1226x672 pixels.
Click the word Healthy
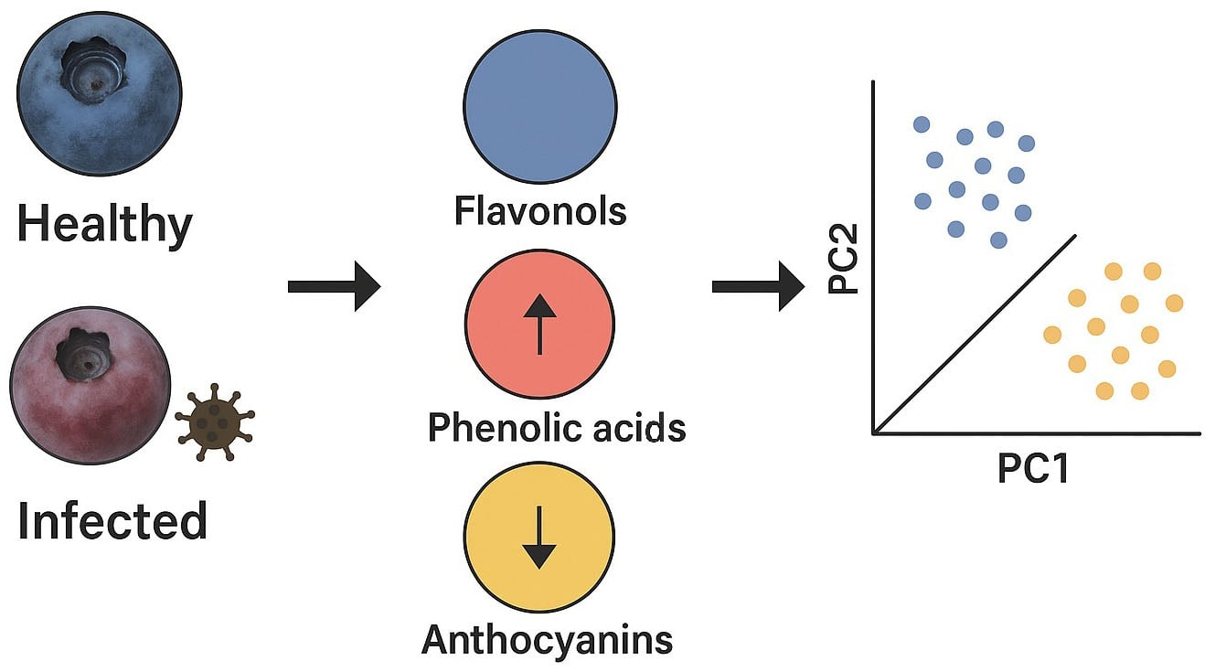tap(105, 224)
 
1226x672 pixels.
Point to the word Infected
tap(112, 521)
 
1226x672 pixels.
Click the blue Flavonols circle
tap(539, 107)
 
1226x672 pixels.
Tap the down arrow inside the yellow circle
tap(539, 539)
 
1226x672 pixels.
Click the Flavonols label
tap(540, 211)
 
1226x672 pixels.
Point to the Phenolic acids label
tap(557, 427)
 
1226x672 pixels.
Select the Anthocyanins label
tap(547, 639)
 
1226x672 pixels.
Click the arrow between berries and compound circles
tap(333, 287)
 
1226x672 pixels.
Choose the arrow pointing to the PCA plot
tap(757, 287)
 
